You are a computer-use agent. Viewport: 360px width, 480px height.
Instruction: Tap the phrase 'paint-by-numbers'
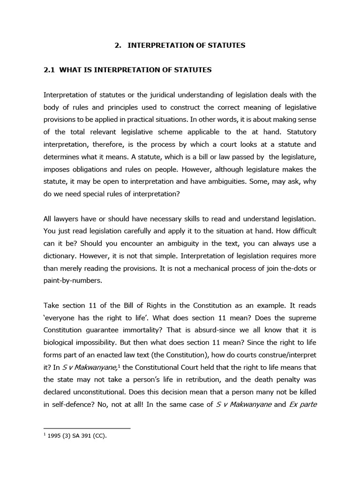point(70,281)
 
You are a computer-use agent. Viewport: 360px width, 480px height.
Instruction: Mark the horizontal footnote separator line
point(87,428)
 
